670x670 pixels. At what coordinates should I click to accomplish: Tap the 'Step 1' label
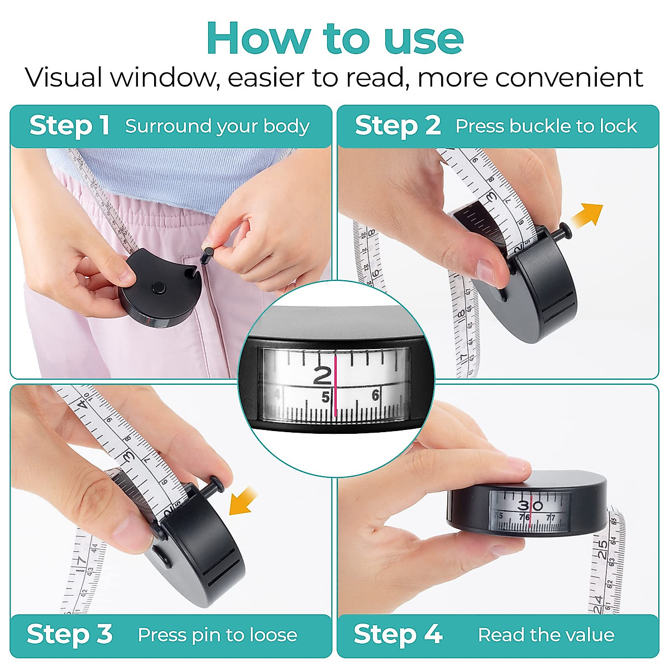click(69, 126)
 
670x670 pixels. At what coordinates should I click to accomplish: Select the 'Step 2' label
click(398, 126)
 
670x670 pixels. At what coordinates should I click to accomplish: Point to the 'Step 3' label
click(69, 634)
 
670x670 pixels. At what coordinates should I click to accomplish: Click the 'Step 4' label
click(398, 634)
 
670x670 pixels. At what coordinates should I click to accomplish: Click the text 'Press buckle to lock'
click(546, 126)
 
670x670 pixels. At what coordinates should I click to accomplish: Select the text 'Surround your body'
click(217, 127)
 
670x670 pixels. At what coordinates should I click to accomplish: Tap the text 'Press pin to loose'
click(217, 635)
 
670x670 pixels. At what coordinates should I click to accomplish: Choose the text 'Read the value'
click(546, 635)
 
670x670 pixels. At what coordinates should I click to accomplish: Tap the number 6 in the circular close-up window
click(375, 396)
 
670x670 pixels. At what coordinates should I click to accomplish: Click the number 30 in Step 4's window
click(530, 506)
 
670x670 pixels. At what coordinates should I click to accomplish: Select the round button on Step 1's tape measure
click(159, 288)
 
